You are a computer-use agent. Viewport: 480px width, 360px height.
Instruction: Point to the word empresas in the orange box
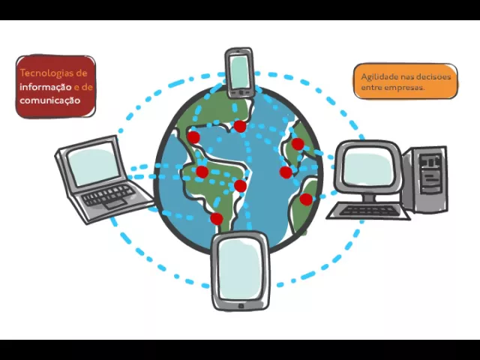(406, 88)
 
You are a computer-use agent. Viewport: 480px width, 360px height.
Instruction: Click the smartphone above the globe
(239, 72)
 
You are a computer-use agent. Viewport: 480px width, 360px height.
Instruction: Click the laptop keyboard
(109, 196)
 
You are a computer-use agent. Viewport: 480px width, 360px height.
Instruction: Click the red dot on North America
(193, 137)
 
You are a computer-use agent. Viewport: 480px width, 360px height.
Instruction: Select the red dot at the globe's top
(240, 125)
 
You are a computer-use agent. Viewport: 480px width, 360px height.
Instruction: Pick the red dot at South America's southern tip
(216, 219)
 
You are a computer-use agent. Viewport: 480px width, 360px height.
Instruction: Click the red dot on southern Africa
(306, 199)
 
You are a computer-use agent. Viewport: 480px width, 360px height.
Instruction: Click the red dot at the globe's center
(240, 185)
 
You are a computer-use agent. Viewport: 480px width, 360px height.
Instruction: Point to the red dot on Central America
(202, 172)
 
